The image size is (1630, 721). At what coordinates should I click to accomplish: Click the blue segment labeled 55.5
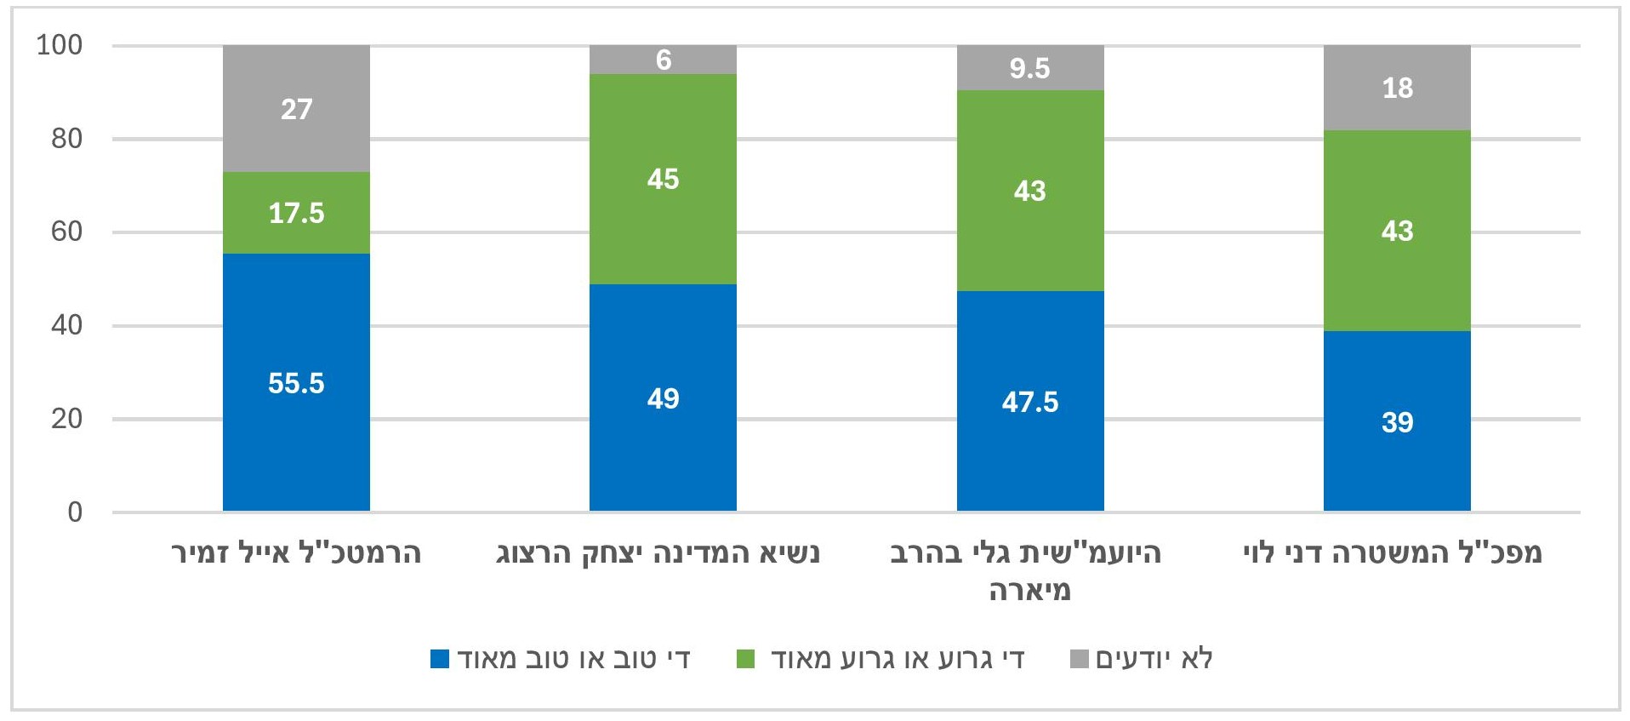pos(296,382)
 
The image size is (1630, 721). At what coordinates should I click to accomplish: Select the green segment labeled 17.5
pos(296,213)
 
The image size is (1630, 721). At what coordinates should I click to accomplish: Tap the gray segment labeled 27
pos(296,109)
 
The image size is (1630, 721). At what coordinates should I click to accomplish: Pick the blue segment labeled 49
pos(663,398)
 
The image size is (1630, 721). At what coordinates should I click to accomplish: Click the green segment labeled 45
pos(663,179)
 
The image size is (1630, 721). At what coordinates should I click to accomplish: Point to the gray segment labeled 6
pos(663,60)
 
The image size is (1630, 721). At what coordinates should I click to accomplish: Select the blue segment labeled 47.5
pos(1030,401)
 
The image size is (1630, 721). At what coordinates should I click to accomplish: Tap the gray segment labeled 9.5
pos(1030,68)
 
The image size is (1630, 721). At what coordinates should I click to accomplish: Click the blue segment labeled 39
pos(1397,421)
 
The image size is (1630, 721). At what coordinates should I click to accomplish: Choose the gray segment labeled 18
pos(1397,88)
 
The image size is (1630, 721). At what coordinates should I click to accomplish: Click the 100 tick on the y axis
pos(60,45)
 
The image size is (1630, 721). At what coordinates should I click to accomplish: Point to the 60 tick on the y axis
pos(66,232)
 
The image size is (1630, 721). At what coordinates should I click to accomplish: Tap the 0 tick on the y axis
pos(75,512)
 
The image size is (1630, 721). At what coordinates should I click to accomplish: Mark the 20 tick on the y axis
pos(66,419)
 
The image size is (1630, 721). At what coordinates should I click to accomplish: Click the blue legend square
pos(440,659)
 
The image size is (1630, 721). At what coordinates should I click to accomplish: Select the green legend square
pos(745,659)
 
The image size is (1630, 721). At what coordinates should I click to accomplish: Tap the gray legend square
pos(1079,659)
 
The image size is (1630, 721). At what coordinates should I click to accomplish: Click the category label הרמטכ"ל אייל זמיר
pos(296,553)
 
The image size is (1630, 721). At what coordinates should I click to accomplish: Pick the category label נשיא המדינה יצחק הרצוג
pos(658,553)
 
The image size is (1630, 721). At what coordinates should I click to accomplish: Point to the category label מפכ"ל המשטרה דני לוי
pos(1392,553)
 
